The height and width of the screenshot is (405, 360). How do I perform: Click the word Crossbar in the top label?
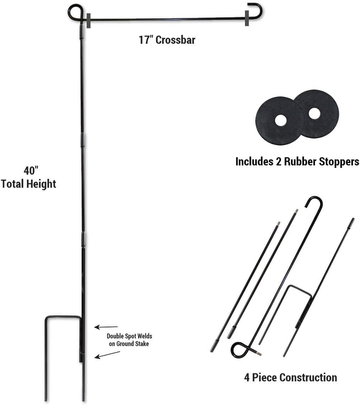point(175,40)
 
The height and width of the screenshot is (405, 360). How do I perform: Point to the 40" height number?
point(31,171)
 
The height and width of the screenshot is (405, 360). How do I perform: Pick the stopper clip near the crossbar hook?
point(247,18)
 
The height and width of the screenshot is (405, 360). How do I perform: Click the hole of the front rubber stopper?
point(280,121)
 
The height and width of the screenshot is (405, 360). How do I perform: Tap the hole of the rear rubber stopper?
point(314,113)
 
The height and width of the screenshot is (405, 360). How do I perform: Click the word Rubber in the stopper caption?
point(300,162)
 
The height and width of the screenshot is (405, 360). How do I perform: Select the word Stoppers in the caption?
point(339,162)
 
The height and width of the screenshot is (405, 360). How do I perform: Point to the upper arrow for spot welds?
point(106,327)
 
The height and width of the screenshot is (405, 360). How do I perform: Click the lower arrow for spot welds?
point(107,355)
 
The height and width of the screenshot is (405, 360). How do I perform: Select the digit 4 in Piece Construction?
point(247,378)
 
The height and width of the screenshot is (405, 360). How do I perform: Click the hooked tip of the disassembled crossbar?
point(314,201)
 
